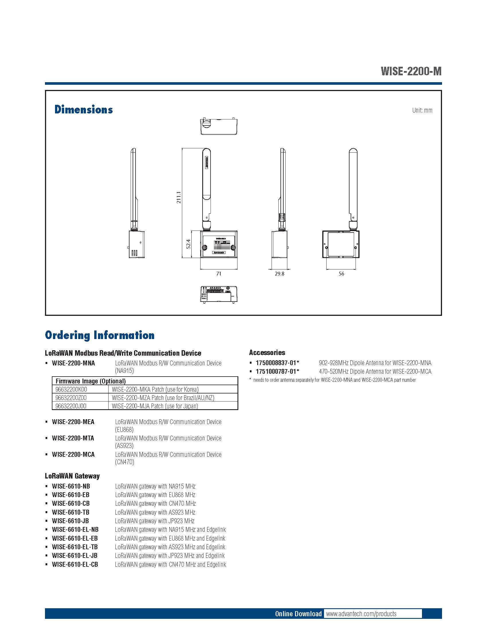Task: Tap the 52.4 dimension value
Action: (188, 244)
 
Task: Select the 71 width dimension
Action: (219, 273)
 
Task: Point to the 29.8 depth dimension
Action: (279, 273)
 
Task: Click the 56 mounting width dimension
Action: (341, 273)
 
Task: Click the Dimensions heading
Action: (83, 110)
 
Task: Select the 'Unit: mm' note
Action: (422, 110)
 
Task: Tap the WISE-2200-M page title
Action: (411, 71)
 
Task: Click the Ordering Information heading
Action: (99, 335)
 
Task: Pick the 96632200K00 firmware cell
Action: (71, 389)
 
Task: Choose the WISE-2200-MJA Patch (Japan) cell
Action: (155, 406)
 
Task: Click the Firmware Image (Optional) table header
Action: (91, 381)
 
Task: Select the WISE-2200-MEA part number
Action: (73, 422)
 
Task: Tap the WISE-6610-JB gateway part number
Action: (70, 521)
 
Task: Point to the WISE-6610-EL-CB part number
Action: (75, 564)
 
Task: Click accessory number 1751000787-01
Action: (277, 371)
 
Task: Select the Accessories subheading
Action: (267, 353)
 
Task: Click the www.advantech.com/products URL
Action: (361, 614)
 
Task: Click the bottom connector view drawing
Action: (219, 294)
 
